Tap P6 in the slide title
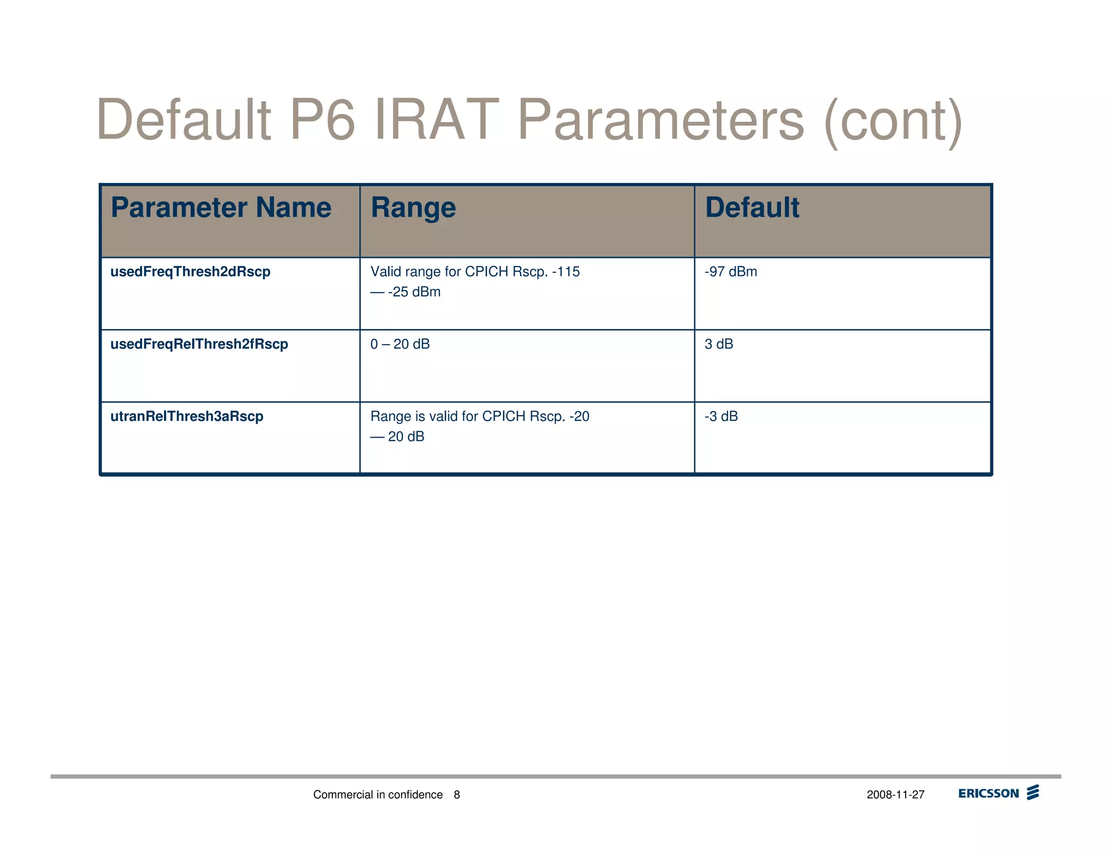(x=322, y=119)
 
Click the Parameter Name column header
(x=221, y=207)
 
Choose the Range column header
(x=413, y=207)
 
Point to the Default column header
(x=752, y=207)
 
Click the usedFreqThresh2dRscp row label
(x=190, y=271)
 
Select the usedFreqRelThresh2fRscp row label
(x=199, y=344)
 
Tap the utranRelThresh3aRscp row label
(x=187, y=416)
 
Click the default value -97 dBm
(x=731, y=271)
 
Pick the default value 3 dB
(x=719, y=344)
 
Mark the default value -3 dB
(x=721, y=416)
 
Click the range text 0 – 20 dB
(x=400, y=344)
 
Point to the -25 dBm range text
(x=414, y=292)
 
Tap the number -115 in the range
(x=566, y=271)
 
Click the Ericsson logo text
(x=988, y=793)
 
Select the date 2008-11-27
(x=895, y=795)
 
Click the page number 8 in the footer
(x=457, y=795)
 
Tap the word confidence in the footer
(x=415, y=795)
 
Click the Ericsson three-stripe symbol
(x=1033, y=792)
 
